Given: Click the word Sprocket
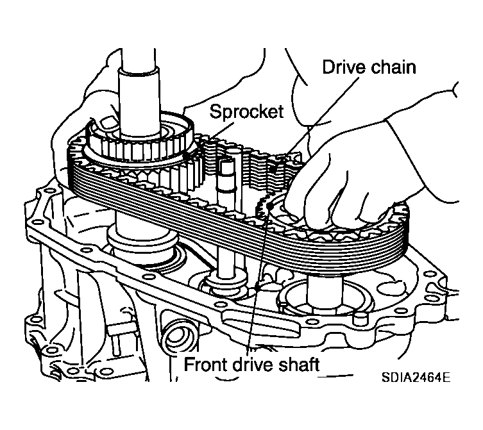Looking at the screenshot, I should (x=246, y=112).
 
